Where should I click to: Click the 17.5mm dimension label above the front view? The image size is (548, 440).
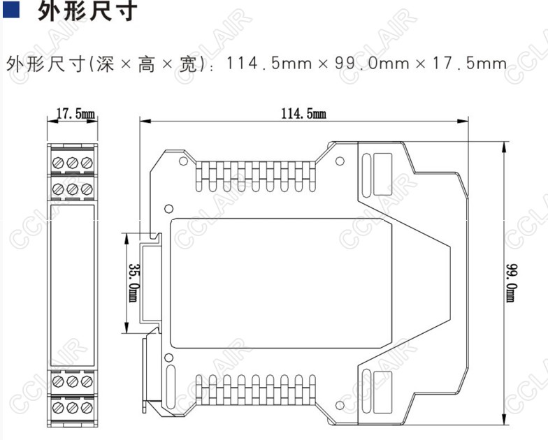click(x=71, y=114)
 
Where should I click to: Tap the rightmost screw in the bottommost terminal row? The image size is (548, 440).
click(x=86, y=407)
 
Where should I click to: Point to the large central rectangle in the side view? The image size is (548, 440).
click(x=280, y=283)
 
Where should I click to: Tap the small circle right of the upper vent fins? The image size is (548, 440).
click(x=340, y=161)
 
